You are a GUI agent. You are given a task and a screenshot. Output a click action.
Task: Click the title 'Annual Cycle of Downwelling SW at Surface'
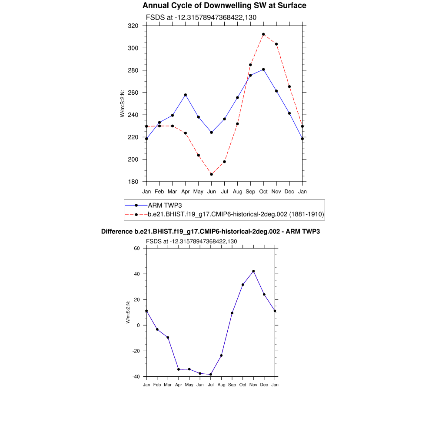tap(224, 6)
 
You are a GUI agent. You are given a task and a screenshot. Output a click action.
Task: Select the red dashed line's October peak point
tap(263, 34)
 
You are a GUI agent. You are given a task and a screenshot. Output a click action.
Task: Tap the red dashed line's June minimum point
tap(212, 174)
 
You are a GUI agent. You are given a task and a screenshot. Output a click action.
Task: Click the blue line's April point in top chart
tap(186, 95)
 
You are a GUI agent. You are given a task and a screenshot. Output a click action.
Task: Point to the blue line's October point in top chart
tap(263, 70)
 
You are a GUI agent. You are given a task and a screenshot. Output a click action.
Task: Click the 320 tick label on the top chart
tap(133, 26)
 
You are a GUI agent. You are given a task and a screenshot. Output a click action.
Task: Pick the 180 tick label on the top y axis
tap(133, 182)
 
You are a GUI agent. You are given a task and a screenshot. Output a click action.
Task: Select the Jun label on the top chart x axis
tap(212, 192)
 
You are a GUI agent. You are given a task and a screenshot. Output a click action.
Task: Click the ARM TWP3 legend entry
tap(165, 205)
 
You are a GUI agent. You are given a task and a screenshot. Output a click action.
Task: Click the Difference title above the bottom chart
tap(210, 232)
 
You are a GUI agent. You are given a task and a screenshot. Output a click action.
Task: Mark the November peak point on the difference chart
tap(253, 271)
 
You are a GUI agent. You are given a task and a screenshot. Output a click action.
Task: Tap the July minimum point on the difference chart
tap(211, 375)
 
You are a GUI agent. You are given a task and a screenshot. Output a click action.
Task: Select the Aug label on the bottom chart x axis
tap(221, 385)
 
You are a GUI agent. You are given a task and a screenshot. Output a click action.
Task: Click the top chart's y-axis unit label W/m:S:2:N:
tap(123, 103)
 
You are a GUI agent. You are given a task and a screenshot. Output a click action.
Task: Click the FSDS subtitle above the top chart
tap(201, 17)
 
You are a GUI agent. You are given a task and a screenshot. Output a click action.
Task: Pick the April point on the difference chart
tap(179, 369)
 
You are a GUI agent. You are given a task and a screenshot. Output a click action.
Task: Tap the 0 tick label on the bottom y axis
tap(138, 325)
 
